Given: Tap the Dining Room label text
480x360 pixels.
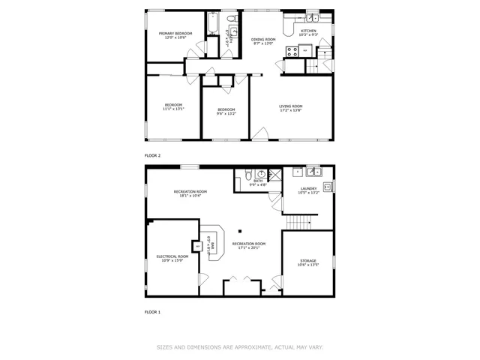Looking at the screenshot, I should click(262, 40).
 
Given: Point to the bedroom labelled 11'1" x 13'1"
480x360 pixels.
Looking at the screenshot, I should click(174, 106).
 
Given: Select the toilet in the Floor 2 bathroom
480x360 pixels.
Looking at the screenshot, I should click(232, 17).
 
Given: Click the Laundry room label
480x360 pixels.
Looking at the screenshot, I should click(308, 189).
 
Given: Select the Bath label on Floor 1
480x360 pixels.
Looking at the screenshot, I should click(258, 181).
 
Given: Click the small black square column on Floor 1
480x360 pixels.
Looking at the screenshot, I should click(240, 231).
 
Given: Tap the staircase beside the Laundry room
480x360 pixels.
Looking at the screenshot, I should click(299, 223).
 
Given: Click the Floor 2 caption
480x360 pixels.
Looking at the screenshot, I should click(152, 155).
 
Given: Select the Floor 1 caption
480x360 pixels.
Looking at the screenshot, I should click(152, 311).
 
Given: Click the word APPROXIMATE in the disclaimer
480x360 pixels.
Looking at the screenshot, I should click(251, 347).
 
